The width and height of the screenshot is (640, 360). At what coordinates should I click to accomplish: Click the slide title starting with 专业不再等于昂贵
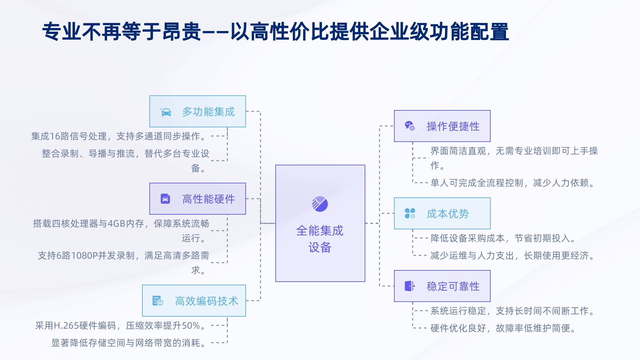coord(275,32)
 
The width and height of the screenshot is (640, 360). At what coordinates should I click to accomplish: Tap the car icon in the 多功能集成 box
coord(166,112)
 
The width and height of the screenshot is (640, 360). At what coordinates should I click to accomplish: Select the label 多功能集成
coord(208,112)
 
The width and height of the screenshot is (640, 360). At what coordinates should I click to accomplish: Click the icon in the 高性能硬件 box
coord(165,199)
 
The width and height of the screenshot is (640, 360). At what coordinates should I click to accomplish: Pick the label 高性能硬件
coord(208,199)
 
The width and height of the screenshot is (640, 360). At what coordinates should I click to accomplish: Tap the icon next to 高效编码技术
coord(158,301)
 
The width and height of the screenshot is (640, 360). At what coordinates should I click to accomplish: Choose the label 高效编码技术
coord(206,301)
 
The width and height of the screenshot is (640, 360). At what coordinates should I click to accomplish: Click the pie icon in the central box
coord(320,204)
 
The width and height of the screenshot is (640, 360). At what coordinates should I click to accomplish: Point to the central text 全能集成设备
coord(320,239)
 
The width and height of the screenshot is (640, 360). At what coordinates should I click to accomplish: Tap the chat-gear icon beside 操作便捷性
coord(410,126)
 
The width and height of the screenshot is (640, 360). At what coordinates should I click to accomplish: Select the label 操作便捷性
coord(453,126)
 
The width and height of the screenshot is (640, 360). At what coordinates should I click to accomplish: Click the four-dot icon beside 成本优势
coord(410,213)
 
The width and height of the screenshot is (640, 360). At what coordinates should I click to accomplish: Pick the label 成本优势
coord(448,214)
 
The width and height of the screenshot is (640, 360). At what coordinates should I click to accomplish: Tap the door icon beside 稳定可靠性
coord(410,286)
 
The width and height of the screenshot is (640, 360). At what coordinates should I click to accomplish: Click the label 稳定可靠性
coord(453,286)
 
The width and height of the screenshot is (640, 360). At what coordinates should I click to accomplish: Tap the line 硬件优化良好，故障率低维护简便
coord(503,328)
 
